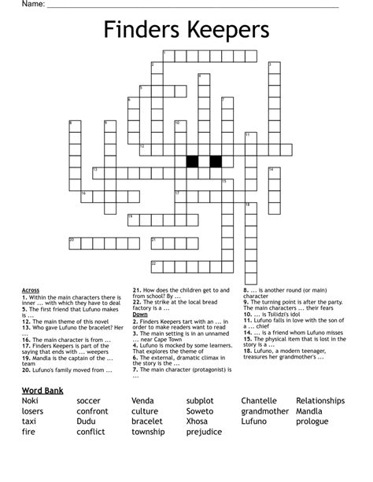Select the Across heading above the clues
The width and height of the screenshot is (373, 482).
[x=31, y=290]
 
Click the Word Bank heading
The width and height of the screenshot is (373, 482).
[x=42, y=390]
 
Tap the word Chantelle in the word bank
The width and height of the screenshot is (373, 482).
[x=259, y=401]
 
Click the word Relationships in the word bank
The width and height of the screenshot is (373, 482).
[x=320, y=401]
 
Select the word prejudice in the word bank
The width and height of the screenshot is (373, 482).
[x=205, y=432]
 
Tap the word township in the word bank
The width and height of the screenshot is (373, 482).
[x=148, y=432]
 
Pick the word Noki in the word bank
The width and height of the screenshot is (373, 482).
[x=31, y=401]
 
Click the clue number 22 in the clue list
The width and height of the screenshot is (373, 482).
[x=136, y=301]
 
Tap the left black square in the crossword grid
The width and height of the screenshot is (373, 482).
[x=190, y=161]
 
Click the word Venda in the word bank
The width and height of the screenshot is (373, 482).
[x=144, y=401]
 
